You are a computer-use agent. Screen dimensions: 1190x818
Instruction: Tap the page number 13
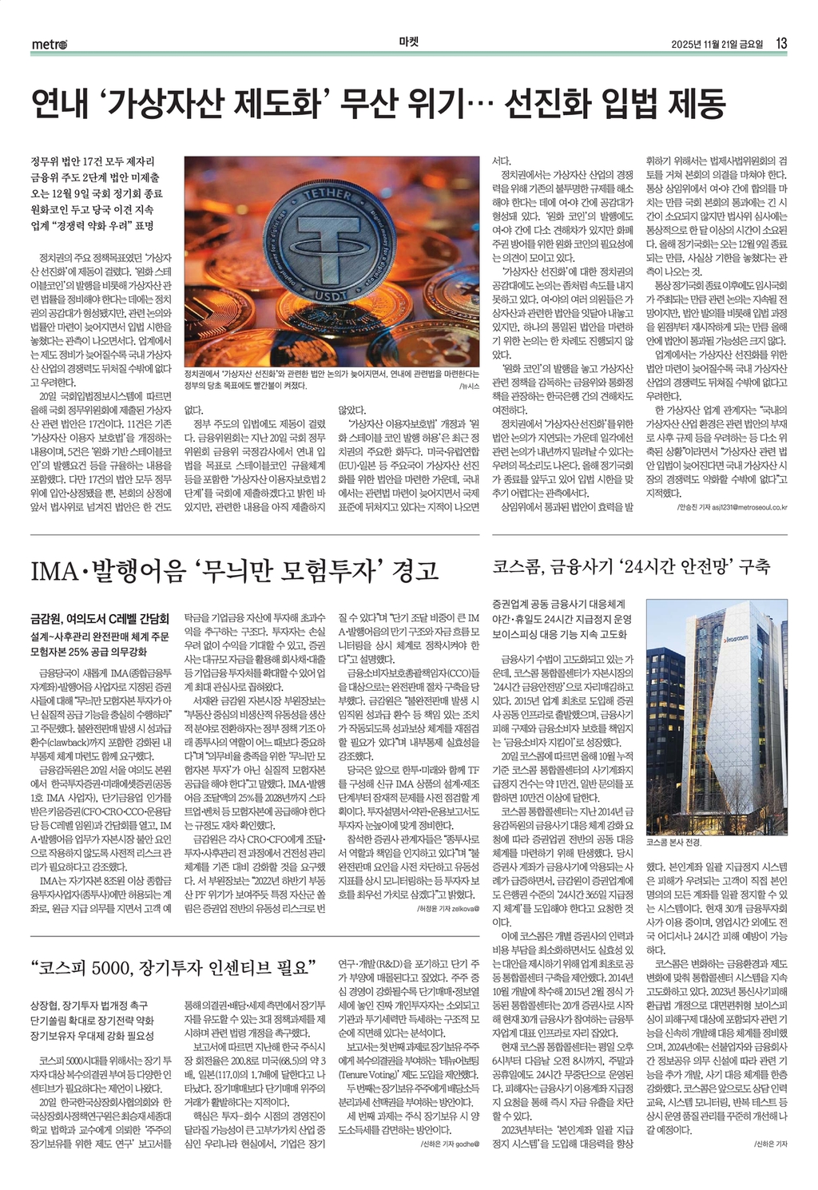[782, 43]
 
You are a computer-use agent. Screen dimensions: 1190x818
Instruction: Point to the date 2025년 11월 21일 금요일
[718, 44]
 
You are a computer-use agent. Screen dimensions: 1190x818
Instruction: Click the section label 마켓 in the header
[408, 43]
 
